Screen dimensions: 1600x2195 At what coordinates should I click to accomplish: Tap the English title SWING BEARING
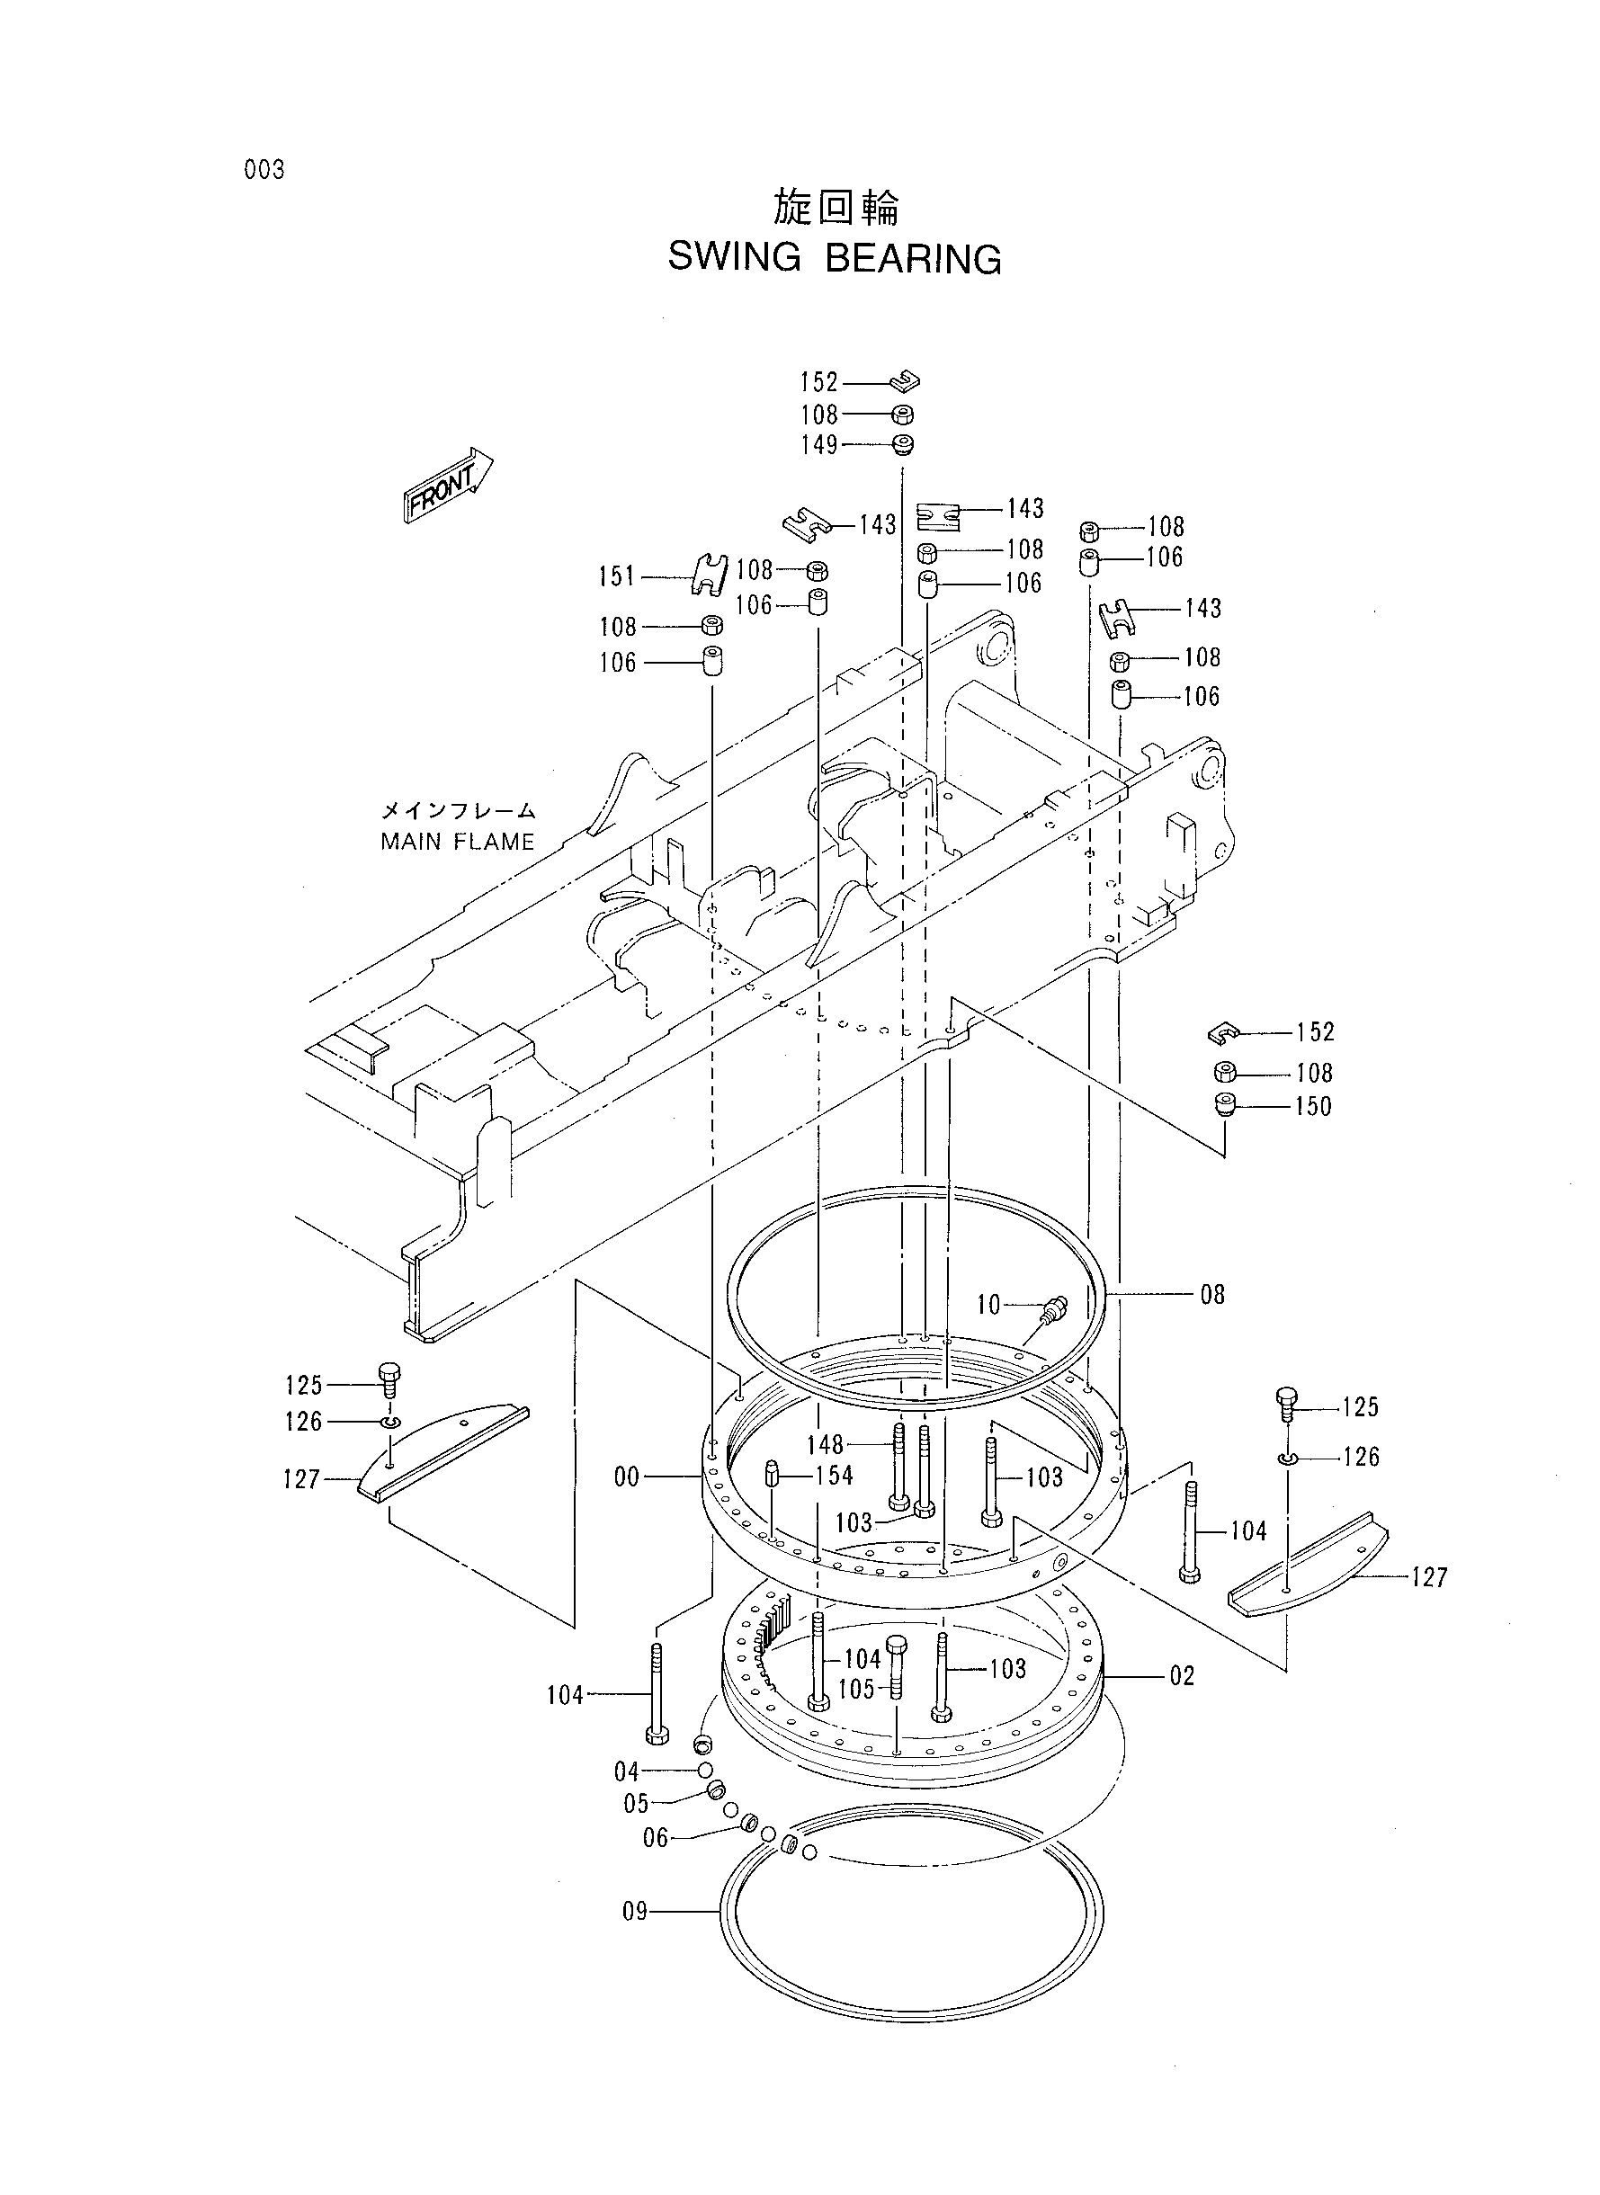tap(835, 258)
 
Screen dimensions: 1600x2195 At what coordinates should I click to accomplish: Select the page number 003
tap(264, 171)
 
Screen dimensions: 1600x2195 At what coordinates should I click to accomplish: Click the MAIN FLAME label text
tap(457, 842)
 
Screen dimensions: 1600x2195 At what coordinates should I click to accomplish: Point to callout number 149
tap(818, 444)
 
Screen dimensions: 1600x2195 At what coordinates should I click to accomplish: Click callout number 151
tap(617, 577)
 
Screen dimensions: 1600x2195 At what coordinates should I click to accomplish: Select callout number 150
tap(1313, 1106)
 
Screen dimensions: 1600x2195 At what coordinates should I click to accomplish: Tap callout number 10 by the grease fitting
tap(988, 1304)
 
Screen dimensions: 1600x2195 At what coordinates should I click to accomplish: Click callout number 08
tap(1212, 1295)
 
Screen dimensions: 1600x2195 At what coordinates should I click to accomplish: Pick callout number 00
tap(627, 1476)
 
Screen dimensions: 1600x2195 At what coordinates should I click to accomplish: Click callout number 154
tap(834, 1475)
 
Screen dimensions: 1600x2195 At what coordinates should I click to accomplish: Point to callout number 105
tap(856, 1689)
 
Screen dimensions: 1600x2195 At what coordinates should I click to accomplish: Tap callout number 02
tap(1182, 1676)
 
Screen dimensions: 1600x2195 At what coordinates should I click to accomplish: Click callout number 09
tap(634, 1912)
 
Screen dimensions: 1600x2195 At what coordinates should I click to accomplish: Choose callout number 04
tap(627, 1771)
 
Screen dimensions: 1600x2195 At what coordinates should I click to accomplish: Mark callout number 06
tap(656, 1838)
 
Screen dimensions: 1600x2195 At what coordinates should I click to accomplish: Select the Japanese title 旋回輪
tap(836, 207)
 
